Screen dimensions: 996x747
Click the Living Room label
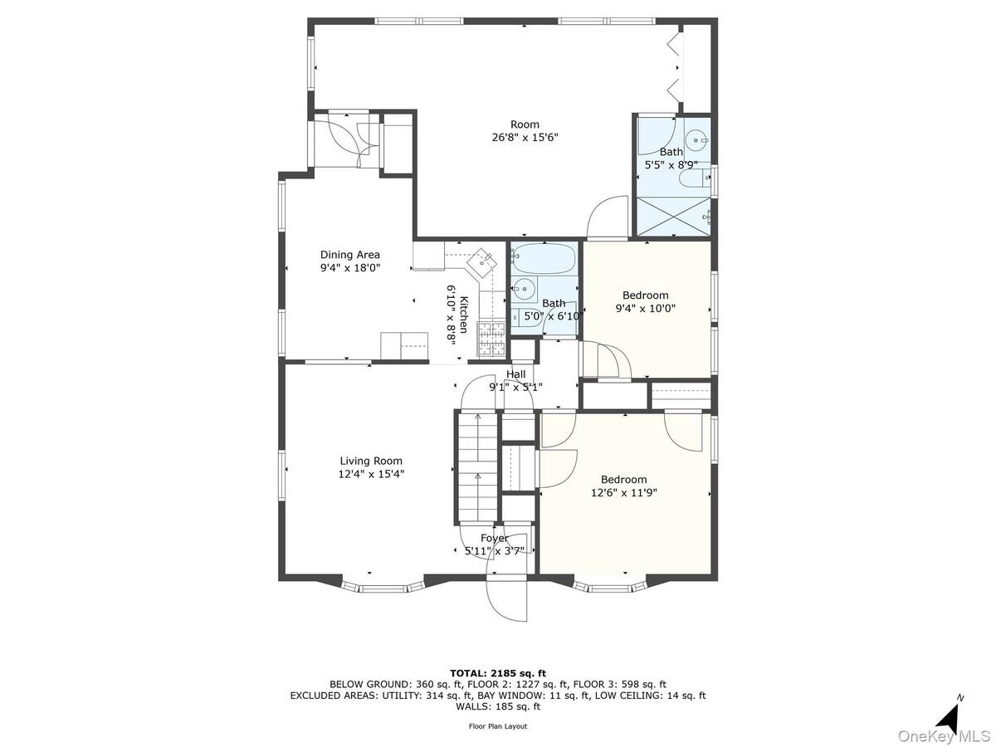371,461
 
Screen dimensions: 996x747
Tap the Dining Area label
350,255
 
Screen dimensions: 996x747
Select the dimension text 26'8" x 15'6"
525,138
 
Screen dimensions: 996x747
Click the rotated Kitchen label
464,315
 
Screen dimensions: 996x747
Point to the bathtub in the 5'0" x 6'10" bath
544,259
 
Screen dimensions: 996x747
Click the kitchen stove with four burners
491,338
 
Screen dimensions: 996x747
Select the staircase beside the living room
478,466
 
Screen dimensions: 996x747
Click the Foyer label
494,539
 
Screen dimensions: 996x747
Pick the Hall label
516,374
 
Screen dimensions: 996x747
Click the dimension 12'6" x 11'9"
624,492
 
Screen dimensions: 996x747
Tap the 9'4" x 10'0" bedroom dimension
645,309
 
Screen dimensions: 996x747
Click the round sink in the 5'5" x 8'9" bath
696,140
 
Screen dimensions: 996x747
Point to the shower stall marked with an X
674,217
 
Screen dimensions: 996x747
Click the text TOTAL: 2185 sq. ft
498,673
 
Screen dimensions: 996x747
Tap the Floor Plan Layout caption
498,726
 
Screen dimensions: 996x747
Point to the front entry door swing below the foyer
507,599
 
